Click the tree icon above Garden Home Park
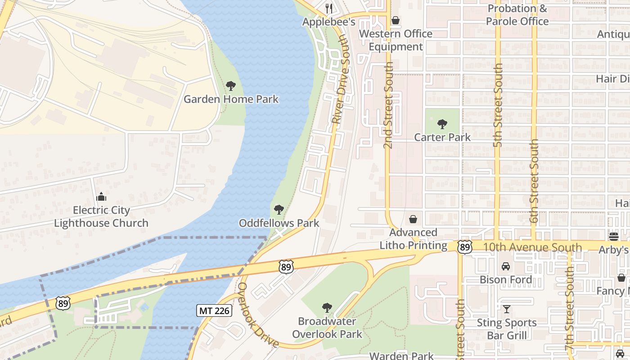231,85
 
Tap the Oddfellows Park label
279,223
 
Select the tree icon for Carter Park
442,124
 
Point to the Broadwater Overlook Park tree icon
327,308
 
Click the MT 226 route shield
214,310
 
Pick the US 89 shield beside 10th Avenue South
465,247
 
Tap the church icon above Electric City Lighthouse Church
101,197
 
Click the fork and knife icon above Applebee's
329,9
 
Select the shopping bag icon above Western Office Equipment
396,20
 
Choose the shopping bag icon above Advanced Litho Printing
413,220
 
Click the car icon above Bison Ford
506,266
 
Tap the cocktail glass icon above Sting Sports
507,309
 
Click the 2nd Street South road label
388,105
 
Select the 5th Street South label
498,105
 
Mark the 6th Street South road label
534,181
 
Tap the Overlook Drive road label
258,315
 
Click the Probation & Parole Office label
517,15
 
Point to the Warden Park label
401,355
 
